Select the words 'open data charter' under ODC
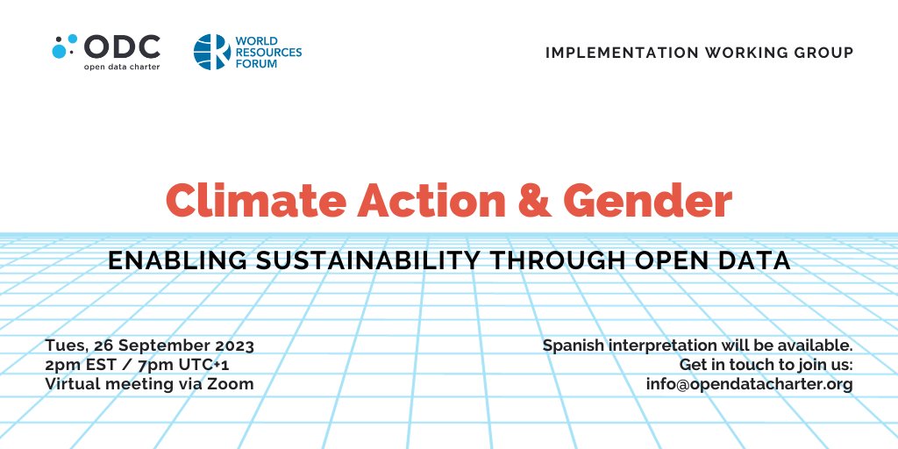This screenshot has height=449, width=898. [x=122, y=66]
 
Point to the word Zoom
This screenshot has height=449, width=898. [x=232, y=384]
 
